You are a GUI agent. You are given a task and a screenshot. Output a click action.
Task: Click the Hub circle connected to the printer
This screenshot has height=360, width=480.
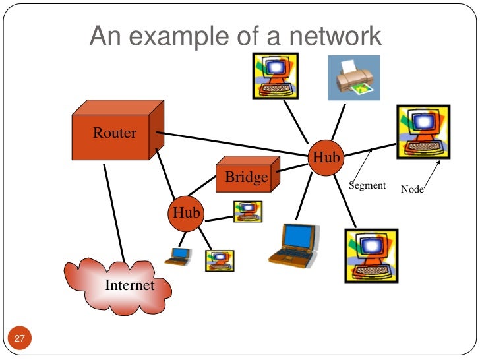pyautogui.click(x=326, y=158)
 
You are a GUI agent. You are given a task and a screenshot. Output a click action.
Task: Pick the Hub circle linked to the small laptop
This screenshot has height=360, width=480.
pyautogui.click(x=187, y=212)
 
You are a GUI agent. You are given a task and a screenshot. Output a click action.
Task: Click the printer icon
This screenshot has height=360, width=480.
pyautogui.click(x=354, y=78)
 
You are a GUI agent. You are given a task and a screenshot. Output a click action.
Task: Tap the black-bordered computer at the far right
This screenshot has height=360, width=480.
pyautogui.click(x=423, y=132)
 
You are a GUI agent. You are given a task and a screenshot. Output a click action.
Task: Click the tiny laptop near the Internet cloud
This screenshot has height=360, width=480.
pyautogui.click(x=178, y=256)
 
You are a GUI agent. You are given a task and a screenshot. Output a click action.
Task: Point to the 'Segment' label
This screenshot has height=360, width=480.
pyautogui.click(x=367, y=185)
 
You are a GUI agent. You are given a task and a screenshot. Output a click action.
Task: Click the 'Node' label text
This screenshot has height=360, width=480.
pyautogui.click(x=412, y=190)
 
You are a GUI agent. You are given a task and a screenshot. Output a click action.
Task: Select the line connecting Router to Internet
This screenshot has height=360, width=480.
pyautogui.click(x=114, y=211)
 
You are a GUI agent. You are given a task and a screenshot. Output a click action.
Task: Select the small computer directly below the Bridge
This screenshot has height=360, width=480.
pyautogui.click(x=248, y=211)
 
